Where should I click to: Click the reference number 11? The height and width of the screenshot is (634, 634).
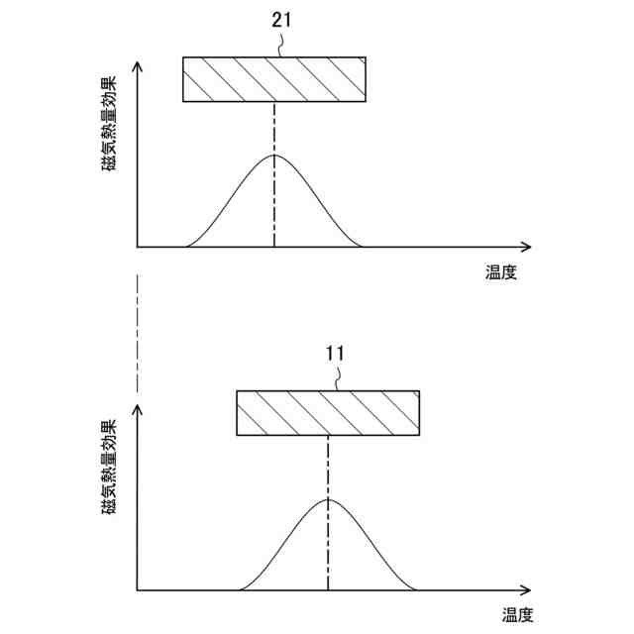point(335,353)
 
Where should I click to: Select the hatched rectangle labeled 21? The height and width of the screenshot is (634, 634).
point(274,79)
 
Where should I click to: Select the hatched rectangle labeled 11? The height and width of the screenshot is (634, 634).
point(328,413)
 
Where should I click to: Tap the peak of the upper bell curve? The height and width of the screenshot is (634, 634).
point(274,157)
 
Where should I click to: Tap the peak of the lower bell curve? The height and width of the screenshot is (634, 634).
point(328,499)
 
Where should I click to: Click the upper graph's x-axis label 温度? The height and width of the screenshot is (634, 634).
point(500,272)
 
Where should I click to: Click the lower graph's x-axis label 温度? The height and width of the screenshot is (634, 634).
point(516,615)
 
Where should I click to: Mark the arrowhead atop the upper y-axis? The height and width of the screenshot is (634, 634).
point(138,66)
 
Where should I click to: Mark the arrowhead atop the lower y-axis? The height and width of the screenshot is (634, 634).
point(138,406)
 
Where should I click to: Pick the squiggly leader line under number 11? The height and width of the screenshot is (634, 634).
point(337,377)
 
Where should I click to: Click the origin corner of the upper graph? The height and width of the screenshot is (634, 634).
point(138,246)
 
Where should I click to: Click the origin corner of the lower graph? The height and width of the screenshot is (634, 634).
point(138,590)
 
